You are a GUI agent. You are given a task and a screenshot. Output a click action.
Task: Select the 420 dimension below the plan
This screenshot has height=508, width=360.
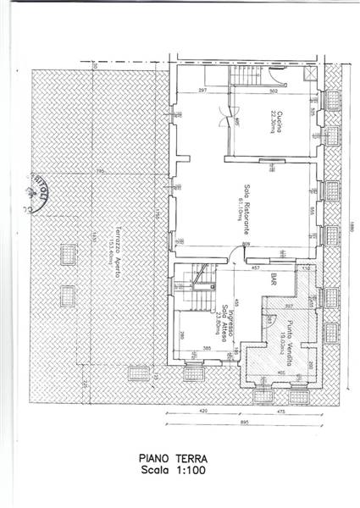[x=203, y=411]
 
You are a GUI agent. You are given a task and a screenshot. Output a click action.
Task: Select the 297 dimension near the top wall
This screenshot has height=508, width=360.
[x=203, y=91]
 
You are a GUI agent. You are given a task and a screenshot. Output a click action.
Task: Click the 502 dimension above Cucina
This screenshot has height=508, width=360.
[x=274, y=91]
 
